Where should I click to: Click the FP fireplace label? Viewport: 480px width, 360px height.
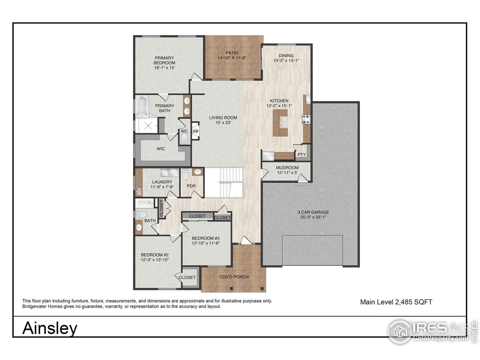(x=196, y=132)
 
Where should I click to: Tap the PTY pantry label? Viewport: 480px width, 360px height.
(x=301, y=154)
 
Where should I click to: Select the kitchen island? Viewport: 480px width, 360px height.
(x=280, y=123)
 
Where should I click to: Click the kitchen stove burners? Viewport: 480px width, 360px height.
(x=306, y=119)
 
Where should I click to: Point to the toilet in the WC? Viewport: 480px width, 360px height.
(x=184, y=139)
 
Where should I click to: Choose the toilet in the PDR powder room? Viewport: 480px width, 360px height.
(x=186, y=173)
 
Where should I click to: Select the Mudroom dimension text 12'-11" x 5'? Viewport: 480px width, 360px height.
(x=287, y=172)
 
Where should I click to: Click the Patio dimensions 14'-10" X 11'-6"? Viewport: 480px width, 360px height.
(x=232, y=58)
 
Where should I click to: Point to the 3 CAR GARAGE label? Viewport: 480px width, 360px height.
(x=313, y=212)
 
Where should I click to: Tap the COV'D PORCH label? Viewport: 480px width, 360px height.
(x=234, y=277)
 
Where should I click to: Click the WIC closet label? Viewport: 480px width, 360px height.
(x=161, y=149)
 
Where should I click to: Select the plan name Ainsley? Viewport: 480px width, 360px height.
(x=50, y=328)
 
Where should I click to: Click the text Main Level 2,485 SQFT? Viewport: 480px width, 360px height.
(x=396, y=302)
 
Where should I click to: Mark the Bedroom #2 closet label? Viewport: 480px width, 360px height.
(x=187, y=277)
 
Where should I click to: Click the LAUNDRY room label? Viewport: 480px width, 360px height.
(x=162, y=182)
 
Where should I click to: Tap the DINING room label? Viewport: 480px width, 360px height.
(x=286, y=55)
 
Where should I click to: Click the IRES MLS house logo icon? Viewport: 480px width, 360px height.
(x=400, y=332)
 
